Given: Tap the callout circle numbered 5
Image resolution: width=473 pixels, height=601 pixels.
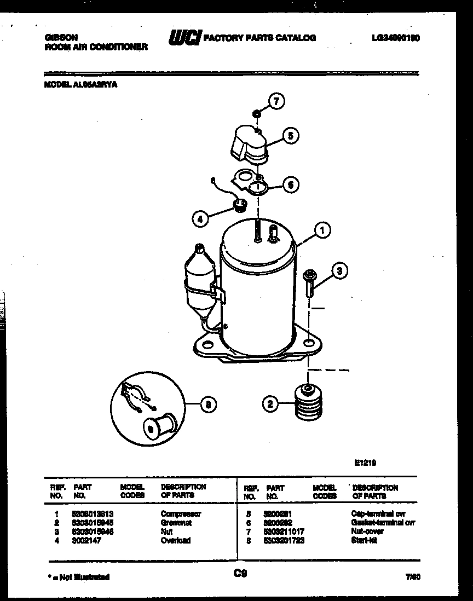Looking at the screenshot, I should tap(291, 136).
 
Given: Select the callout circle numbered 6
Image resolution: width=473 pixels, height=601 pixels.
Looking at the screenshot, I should tap(291, 185).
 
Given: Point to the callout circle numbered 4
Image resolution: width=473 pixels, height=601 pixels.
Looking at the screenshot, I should tap(200, 219).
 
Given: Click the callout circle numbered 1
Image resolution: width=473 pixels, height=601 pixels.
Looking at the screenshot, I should tap(322, 230).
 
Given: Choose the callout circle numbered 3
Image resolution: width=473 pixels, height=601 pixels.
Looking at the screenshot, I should tap(339, 270).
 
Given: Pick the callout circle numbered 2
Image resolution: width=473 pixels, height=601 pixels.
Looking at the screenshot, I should tap(269, 404).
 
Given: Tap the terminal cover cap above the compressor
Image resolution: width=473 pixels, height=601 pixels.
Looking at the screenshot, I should tap(247, 143).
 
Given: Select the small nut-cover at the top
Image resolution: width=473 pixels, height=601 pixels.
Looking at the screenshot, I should tap(255, 113).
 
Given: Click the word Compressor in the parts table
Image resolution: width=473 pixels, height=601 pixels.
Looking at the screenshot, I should tap(181, 514).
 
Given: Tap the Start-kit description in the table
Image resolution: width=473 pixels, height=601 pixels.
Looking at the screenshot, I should tap(364, 540).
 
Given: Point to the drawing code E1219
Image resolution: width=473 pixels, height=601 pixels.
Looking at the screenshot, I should tap(365, 463).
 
